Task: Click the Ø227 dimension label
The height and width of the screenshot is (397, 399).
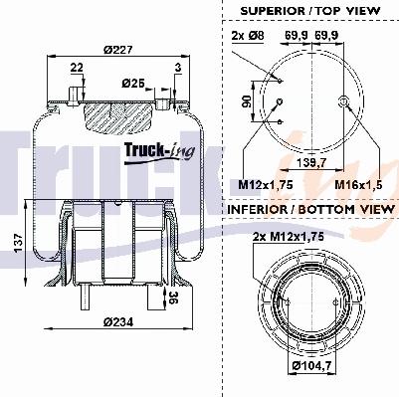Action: coord(117,50)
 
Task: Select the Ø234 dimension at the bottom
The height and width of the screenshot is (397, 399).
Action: coord(118,321)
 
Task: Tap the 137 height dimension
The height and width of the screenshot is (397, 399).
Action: coord(19,243)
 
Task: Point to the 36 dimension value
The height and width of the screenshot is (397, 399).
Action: coord(173,298)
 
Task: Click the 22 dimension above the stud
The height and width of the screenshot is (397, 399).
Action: coord(77,68)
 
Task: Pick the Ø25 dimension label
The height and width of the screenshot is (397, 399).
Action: coord(133,83)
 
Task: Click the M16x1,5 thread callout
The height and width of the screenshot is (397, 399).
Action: coord(358,185)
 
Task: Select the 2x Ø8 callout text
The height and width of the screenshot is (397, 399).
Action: coord(248,36)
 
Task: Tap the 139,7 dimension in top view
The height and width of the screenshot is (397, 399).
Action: coord(311,162)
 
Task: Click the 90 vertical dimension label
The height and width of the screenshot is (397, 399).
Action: coord(247,101)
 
